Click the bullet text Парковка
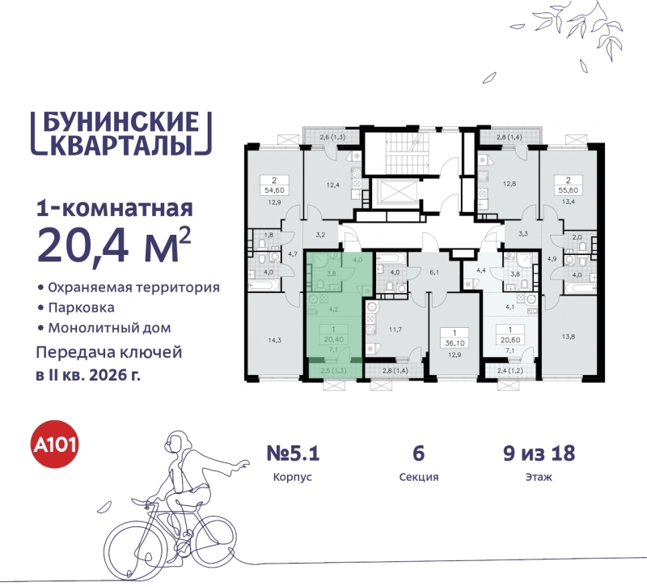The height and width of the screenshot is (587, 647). [80, 308]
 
